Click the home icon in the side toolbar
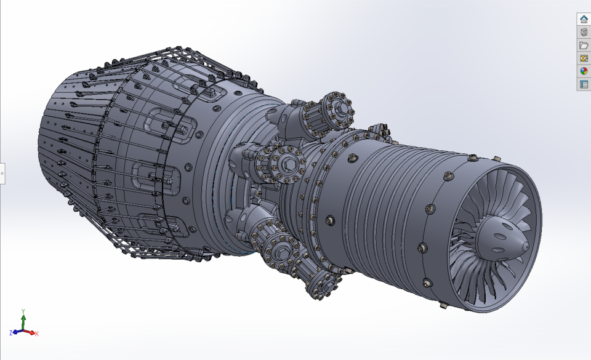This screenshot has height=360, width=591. click(584, 20)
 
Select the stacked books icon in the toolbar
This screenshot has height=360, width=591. click(584, 33)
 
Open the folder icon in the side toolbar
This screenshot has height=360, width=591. click(584, 46)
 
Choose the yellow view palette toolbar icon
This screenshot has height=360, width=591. click(584, 58)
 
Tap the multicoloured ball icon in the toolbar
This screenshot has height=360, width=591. click(584, 71)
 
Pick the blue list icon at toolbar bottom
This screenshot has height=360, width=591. click(584, 84)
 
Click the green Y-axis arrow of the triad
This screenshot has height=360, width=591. click(23, 320)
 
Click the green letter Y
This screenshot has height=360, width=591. click(23, 311)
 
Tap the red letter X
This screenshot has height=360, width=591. click(37, 334)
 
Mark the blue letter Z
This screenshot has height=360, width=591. click(11, 333)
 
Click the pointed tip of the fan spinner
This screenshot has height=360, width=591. click(525, 246)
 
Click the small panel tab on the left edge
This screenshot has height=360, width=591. click(2, 174)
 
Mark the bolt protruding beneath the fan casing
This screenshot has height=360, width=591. click(444, 304)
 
